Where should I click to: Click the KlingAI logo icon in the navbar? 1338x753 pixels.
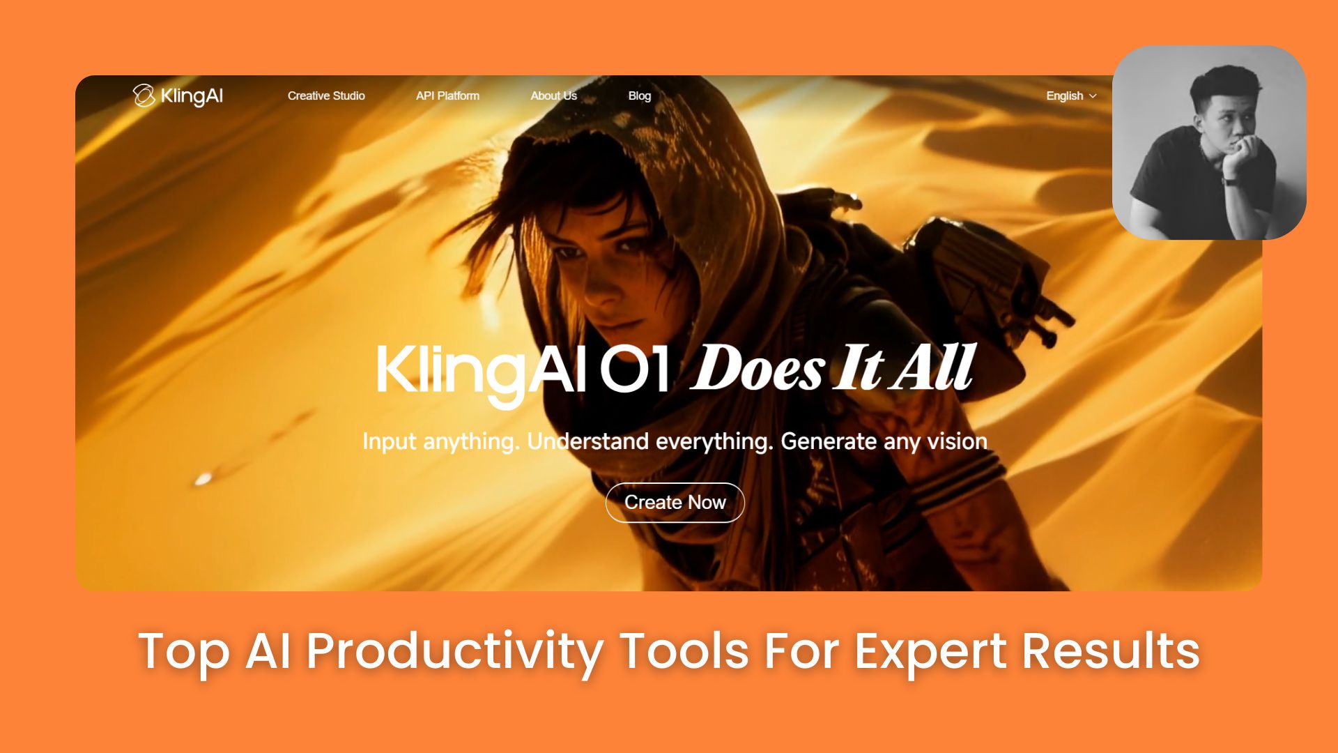(144, 96)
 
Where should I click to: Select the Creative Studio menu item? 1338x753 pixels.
(326, 96)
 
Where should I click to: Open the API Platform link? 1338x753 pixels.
(447, 96)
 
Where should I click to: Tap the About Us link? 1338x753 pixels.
(553, 96)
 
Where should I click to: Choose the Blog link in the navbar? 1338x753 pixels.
(639, 96)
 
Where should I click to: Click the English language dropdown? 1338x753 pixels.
(1071, 96)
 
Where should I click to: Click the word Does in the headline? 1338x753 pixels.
(758, 367)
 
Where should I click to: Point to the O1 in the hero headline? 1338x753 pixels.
(634, 368)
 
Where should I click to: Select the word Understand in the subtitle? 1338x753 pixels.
(587, 441)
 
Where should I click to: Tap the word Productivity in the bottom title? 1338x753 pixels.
(454, 651)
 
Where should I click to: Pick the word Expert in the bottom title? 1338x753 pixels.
(930, 651)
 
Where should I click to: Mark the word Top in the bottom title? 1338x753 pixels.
(184, 651)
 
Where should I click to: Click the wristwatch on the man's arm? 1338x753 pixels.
(1229, 181)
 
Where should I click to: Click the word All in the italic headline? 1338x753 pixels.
(935, 367)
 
